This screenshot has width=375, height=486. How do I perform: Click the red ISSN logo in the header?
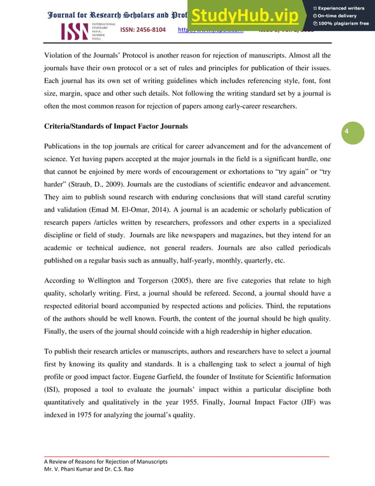click(75, 31)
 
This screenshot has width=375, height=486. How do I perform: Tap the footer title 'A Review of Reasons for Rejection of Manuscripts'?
click(106, 461)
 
